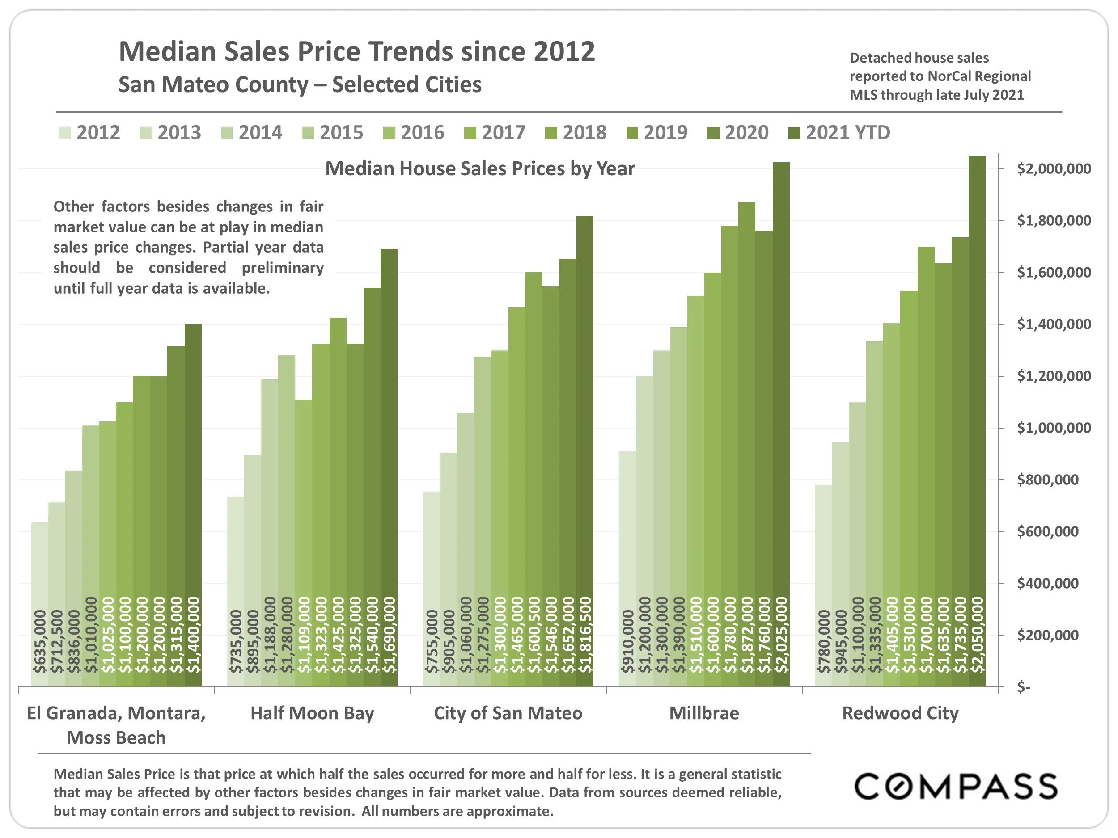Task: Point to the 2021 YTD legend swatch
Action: point(795,133)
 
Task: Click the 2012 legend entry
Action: point(90,133)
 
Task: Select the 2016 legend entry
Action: point(415,133)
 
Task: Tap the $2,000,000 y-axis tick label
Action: point(1053,168)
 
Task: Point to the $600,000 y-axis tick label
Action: point(1047,531)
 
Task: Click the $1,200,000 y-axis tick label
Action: point(1053,376)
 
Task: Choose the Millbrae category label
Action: point(704,713)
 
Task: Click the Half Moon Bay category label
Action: point(312,713)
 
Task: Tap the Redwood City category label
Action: point(900,713)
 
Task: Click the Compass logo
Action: point(955,787)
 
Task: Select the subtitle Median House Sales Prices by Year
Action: point(480,168)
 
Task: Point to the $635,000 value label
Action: point(39,641)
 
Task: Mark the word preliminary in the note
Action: point(283,268)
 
